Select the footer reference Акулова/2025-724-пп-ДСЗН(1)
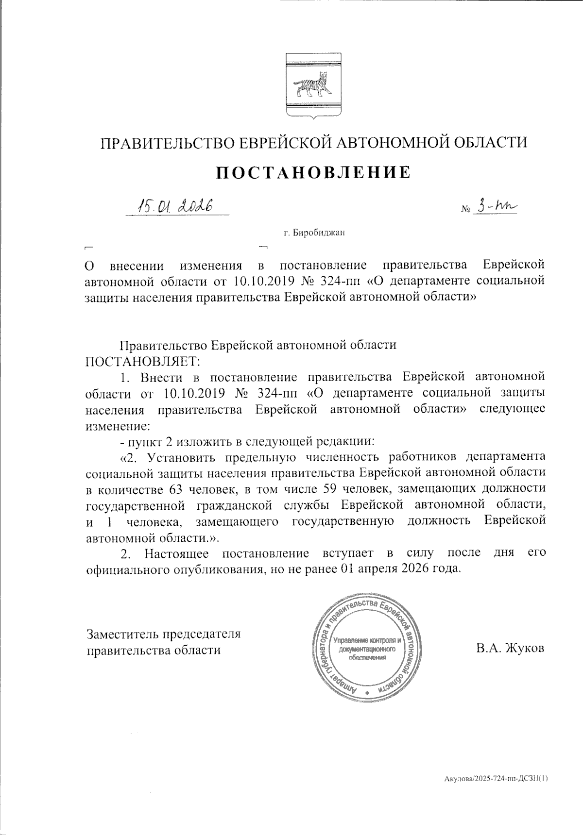click(x=496, y=779)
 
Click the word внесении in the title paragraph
click(x=137, y=266)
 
